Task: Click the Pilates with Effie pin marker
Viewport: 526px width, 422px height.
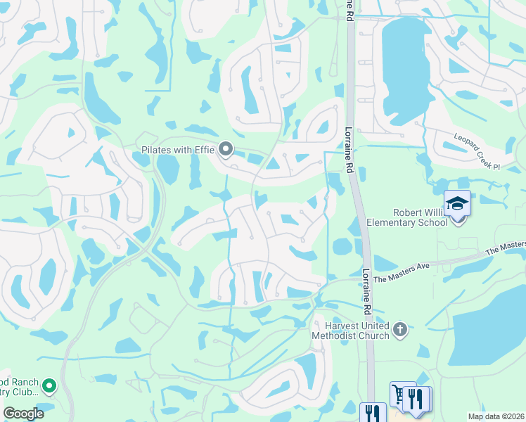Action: pos(226,149)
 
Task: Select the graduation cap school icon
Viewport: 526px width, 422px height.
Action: pos(458,204)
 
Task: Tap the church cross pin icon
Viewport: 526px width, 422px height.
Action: pos(400,330)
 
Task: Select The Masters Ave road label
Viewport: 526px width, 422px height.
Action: pos(400,276)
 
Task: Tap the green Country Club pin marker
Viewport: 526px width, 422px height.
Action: pos(49,385)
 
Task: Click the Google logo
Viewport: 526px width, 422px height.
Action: pos(23,414)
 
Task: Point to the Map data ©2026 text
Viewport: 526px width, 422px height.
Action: pos(495,416)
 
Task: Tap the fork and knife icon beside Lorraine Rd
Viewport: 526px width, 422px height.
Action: pos(371,412)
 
